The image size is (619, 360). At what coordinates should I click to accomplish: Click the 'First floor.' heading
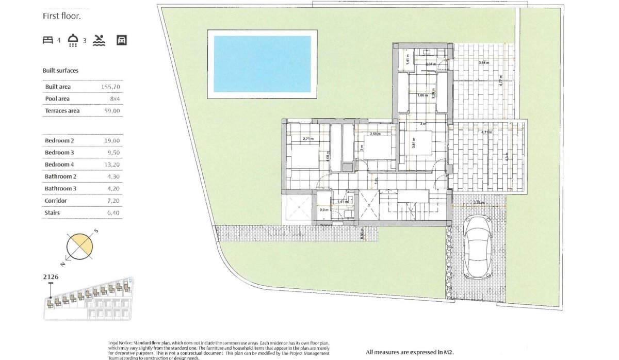(62, 17)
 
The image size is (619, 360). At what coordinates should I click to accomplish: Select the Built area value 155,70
(111, 87)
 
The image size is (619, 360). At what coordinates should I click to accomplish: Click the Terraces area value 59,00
(112, 110)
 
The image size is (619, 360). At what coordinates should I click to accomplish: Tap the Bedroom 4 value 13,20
(112, 165)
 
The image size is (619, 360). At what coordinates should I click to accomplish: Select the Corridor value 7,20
(113, 200)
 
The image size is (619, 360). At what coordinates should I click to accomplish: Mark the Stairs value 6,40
(113, 212)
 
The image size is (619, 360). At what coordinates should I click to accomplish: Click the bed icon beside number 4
(48, 40)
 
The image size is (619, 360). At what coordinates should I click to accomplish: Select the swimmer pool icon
(99, 40)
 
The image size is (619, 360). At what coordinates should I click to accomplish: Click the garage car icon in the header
(122, 40)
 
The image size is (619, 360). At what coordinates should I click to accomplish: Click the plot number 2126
(51, 277)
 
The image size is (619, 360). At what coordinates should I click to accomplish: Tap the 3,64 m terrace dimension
(483, 62)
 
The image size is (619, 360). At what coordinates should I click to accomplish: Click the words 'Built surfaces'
(60, 71)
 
